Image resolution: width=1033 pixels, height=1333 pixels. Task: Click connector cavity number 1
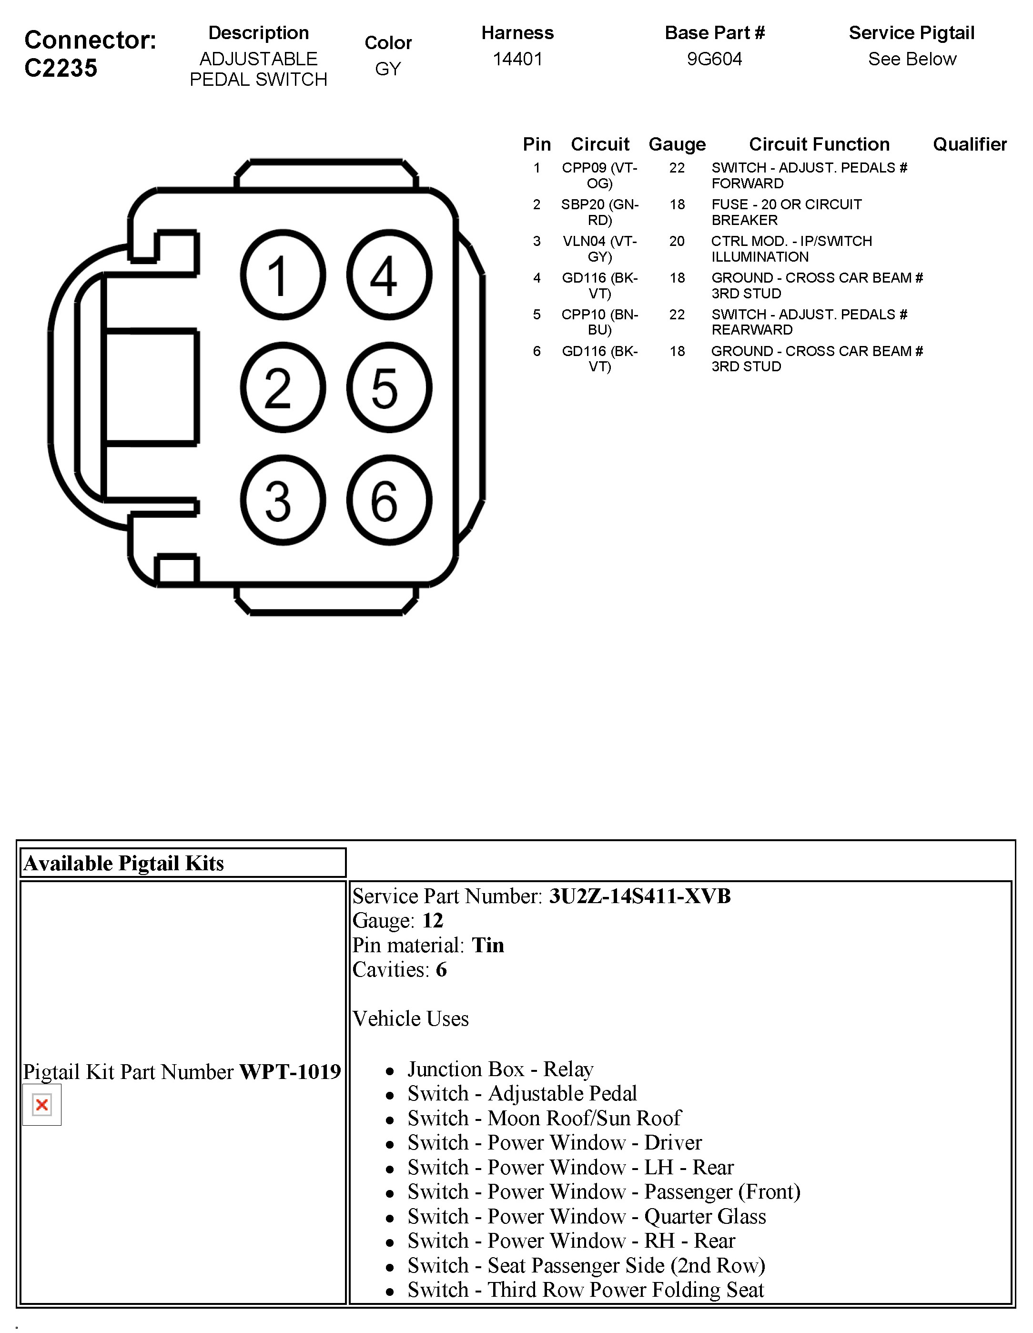(283, 275)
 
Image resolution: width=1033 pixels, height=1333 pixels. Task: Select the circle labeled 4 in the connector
(389, 275)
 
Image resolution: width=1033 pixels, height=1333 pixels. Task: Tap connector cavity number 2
(283, 387)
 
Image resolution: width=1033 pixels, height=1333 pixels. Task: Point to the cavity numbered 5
(389, 387)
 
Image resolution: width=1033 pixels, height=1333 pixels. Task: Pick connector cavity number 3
(283, 500)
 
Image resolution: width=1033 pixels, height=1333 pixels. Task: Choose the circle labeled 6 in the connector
(389, 500)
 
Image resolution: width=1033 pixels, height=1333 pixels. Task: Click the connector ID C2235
(61, 68)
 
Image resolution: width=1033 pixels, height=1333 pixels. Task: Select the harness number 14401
(517, 59)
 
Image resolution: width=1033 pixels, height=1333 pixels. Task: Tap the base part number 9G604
(715, 59)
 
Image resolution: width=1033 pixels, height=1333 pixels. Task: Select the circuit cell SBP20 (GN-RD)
(600, 212)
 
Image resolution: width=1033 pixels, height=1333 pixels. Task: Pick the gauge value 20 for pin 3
(677, 241)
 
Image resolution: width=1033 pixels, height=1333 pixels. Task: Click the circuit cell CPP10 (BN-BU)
(600, 322)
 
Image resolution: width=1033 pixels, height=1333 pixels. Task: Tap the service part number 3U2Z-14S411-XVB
(639, 896)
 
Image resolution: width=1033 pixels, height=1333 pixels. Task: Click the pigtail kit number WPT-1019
(290, 1072)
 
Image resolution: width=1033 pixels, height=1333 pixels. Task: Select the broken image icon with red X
(42, 1105)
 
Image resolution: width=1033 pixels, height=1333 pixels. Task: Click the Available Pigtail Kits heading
(124, 863)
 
